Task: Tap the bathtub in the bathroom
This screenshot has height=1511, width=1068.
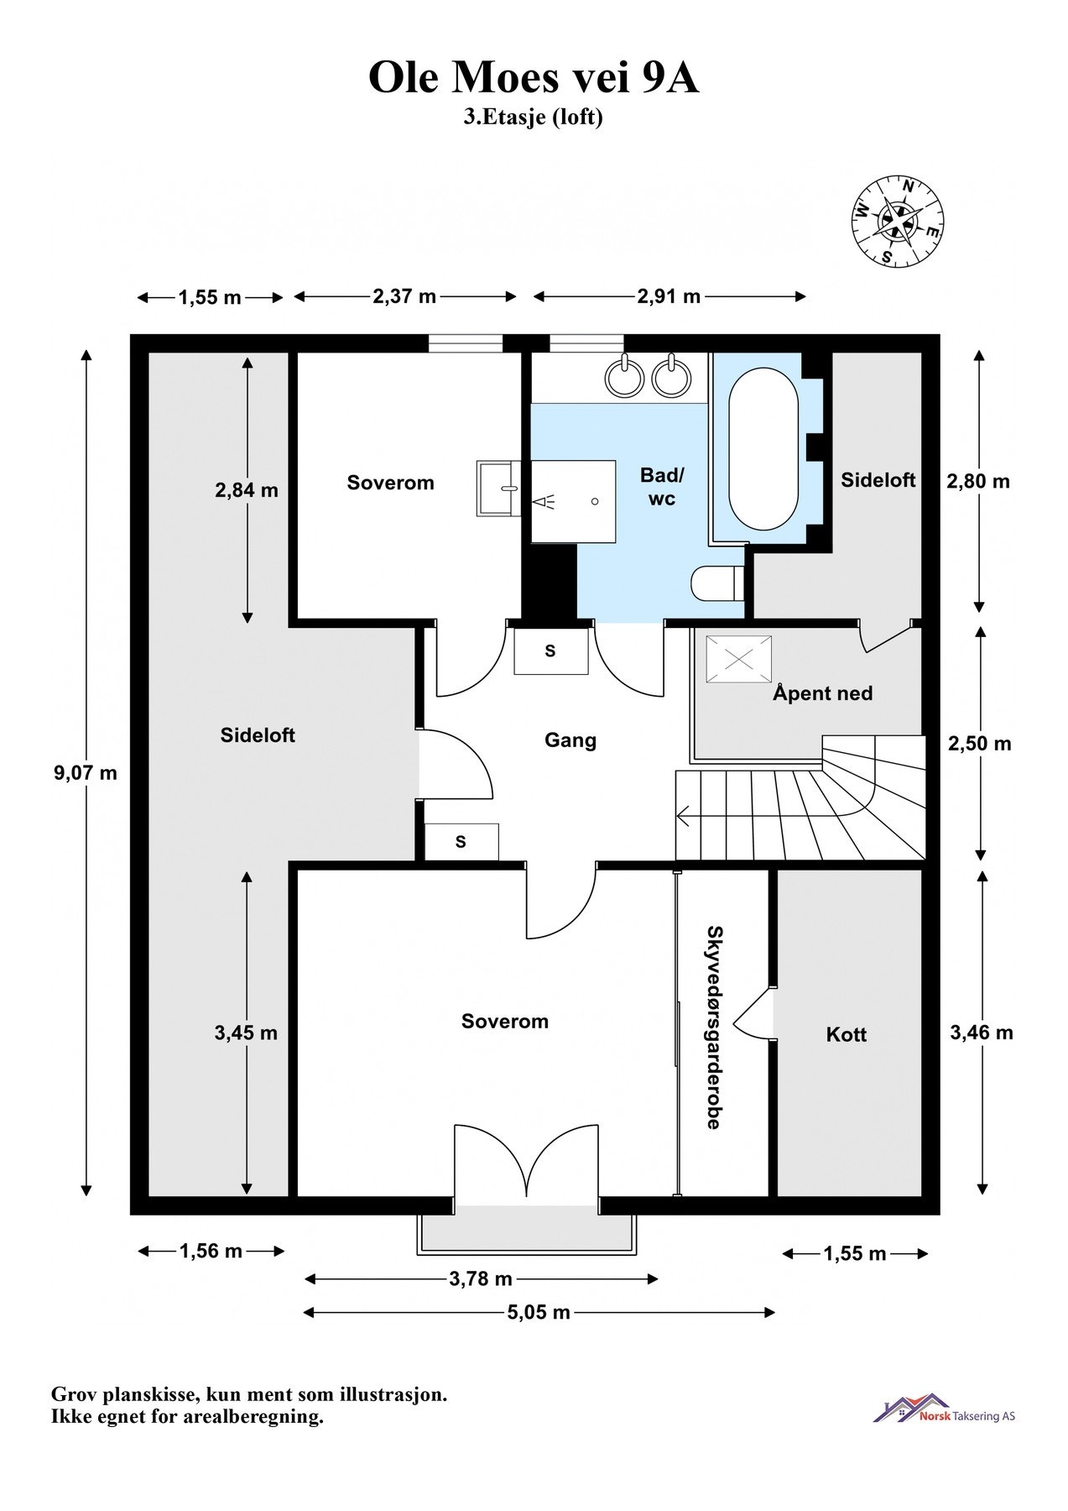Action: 763,450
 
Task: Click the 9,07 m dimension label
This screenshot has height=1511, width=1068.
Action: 86,773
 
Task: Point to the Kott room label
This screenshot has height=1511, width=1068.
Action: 846,1034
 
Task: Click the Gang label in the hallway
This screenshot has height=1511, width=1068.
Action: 570,740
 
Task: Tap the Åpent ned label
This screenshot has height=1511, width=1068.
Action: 822,693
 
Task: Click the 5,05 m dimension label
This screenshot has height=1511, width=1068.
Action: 539,1312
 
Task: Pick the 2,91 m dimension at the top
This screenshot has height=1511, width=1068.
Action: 669,296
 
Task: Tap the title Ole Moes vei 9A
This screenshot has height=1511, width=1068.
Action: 534,78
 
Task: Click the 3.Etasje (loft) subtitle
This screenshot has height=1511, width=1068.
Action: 534,117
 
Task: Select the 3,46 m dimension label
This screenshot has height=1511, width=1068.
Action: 981,1033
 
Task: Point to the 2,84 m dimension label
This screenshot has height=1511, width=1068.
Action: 246,490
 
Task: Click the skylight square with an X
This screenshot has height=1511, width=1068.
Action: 738,660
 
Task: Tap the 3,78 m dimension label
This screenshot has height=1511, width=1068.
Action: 480,1279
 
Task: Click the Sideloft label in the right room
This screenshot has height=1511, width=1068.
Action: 878,480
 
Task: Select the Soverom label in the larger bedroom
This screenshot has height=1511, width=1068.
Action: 504,1022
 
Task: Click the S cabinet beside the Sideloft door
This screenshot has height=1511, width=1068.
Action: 461,842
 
